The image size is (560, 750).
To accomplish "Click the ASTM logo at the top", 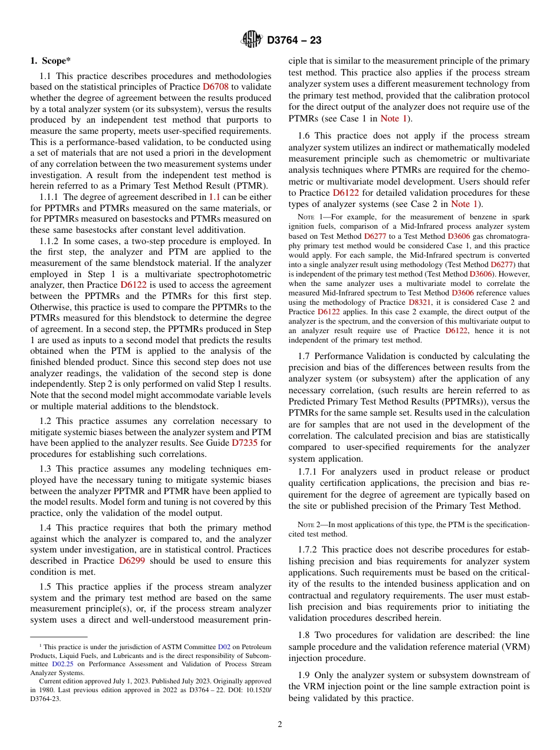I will pos(252,40).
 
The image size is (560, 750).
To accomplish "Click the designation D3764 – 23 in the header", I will pos(294,41).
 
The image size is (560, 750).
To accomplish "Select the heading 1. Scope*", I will pos(51,61).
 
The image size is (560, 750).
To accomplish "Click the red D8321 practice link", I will pos(420,301).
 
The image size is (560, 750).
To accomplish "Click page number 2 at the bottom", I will pos(280,725).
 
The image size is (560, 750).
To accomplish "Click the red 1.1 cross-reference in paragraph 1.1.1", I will pos(215,197).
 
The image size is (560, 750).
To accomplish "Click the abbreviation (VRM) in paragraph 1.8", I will pos(516,646).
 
